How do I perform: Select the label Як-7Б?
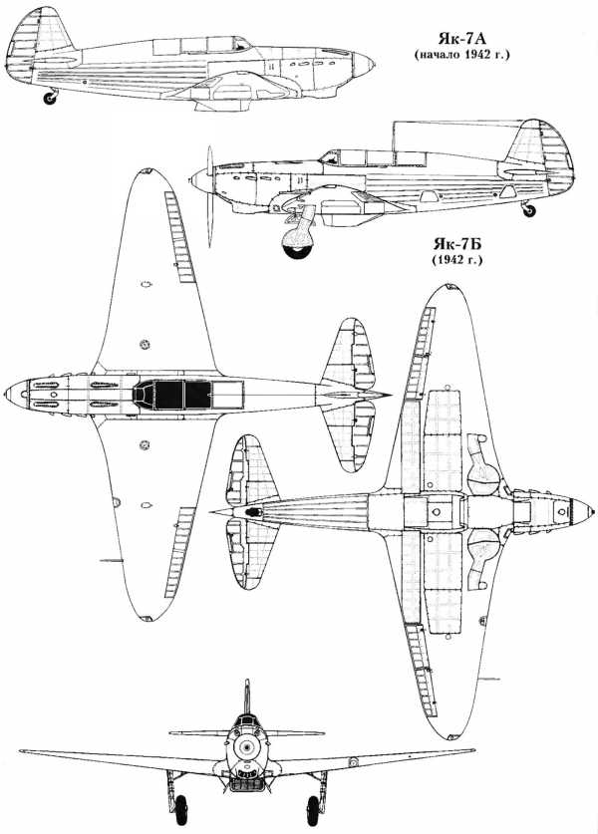457,245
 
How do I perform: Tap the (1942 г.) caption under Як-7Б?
457,261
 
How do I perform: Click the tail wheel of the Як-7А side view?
50,98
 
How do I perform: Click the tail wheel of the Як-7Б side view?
529,210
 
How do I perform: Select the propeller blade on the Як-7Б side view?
210,197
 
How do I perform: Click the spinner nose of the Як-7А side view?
364,65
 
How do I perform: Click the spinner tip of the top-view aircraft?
5,395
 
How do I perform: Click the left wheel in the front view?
180,809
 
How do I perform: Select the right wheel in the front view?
313,810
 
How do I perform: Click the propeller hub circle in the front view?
245,748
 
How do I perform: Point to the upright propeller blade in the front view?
247,696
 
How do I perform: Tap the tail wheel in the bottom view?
254,512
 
